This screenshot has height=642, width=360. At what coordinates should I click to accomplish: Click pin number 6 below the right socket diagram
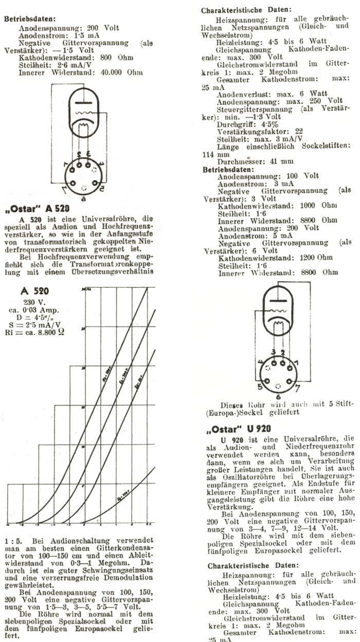coord(278,397)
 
